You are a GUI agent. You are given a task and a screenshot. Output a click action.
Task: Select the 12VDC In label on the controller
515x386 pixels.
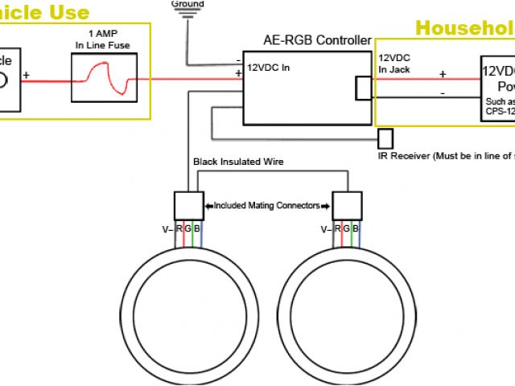pos(268,68)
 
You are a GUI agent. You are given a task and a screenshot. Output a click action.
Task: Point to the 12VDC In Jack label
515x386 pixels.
pos(395,64)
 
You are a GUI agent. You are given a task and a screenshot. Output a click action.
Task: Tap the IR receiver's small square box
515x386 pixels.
pos(385,138)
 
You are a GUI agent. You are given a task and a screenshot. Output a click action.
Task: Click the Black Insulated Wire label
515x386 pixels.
pos(238,162)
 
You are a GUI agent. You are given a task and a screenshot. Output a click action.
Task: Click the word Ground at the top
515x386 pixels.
pos(187,4)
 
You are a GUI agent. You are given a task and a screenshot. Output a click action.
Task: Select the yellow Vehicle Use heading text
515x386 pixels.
pos(45,12)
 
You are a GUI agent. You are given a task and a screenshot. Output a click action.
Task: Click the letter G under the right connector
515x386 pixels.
pos(348,229)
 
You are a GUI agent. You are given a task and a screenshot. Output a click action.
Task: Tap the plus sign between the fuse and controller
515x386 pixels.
pos(238,73)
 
